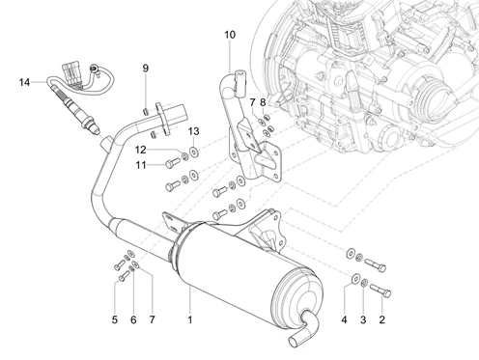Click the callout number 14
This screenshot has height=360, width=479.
(24, 82)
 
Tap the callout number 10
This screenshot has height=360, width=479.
(230, 35)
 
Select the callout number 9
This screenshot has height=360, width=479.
(146, 69)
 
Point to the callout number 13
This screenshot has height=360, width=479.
(194, 131)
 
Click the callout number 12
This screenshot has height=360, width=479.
(141, 150)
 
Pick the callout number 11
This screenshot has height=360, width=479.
(141, 165)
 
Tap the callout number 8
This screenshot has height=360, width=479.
(263, 103)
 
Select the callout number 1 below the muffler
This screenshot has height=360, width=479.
(190, 319)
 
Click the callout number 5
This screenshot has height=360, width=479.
(115, 319)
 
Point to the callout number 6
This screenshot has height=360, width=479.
(133, 319)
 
